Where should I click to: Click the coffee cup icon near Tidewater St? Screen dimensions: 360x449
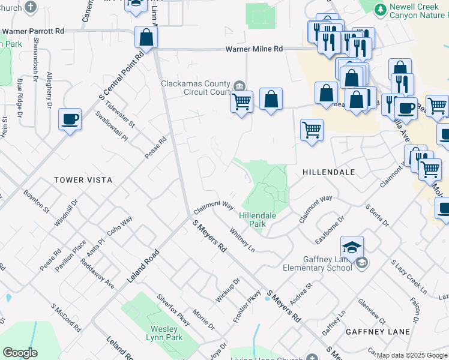click(x=70, y=118)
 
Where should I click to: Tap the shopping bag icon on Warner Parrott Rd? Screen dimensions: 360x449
click(x=146, y=37)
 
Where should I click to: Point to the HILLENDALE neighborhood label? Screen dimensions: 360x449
click(x=329, y=172)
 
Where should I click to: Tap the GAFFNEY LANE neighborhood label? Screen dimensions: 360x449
click(x=378, y=332)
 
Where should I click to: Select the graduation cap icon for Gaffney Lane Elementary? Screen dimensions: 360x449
click(x=352, y=246)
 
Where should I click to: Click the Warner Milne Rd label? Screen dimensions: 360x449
click(x=254, y=49)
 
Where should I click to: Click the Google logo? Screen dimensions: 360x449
click(x=19, y=353)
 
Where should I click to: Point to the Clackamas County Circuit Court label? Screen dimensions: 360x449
click(x=196, y=88)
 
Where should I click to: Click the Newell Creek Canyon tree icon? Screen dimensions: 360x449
click(x=380, y=10)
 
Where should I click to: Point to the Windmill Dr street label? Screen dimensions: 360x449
click(x=67, y=214)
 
